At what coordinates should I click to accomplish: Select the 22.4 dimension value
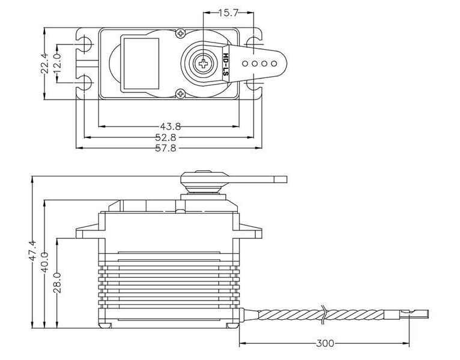(44, 62)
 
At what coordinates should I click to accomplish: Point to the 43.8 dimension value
(171, 126)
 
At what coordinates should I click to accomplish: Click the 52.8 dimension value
(171, 137)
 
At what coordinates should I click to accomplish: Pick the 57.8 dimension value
(171, 148)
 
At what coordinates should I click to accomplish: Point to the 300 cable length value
(324, 344)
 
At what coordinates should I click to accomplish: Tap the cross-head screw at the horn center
(204, 62)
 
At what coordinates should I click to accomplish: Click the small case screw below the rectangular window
(180, 93)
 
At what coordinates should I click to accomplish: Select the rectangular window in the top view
(140, 62)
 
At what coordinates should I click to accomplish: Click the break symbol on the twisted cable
(324, 313)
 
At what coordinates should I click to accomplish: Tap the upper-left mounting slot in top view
(86, 42)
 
